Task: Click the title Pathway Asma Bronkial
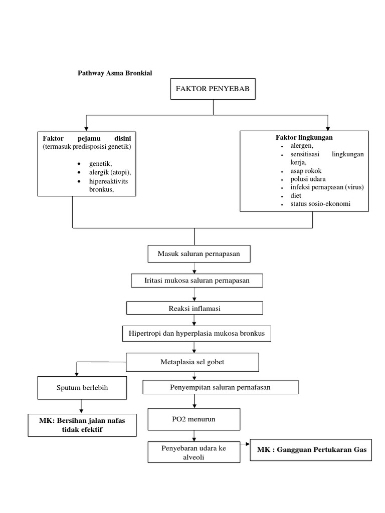pyautogui.click(x=114, y=73)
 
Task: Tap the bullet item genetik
pyautogui.click(x=101, y=164)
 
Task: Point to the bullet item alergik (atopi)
pyautogui.click(x=110, y=172)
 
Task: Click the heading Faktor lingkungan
pyautogui.click(x=304, y=137)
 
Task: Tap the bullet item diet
pyautogui.click(x=296, y=196)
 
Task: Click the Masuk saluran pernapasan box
pyautogui.click(x=199, y=254)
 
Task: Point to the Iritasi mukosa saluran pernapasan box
pyautogui.click(x=197, y=281)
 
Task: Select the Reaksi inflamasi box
pyautogui.click(x=195, y=309)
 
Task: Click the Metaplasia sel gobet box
pyautogui.click(x=192, y=362)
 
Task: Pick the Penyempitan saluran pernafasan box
pyautogui.click(x=221, y=387)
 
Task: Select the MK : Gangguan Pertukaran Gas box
pyautogui.click(x=312, y=449)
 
